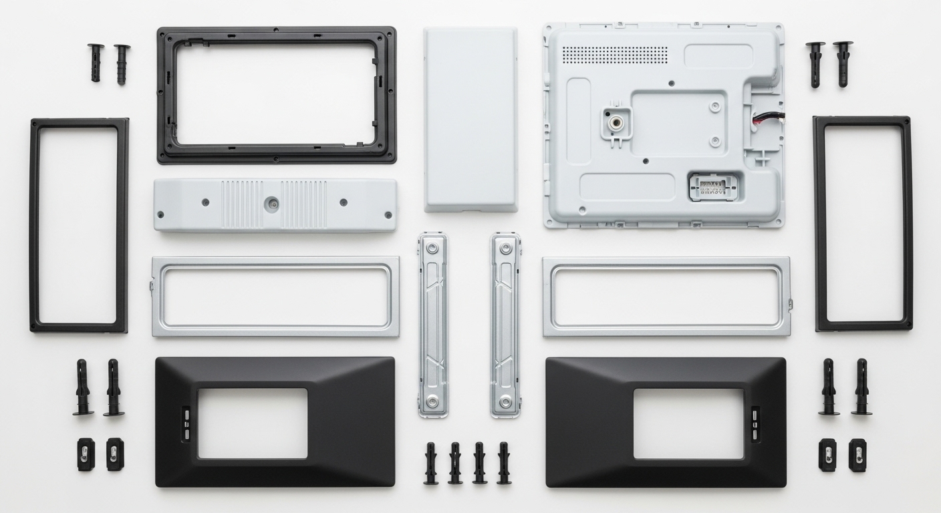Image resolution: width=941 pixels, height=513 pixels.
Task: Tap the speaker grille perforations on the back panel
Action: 614,55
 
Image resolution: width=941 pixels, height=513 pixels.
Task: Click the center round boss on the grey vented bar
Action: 272,203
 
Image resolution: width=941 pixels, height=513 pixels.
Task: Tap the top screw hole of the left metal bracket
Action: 432,248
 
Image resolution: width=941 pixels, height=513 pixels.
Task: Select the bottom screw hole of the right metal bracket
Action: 505,402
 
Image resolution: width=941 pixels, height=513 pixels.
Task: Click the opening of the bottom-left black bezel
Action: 253,423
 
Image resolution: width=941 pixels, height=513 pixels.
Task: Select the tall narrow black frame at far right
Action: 908,224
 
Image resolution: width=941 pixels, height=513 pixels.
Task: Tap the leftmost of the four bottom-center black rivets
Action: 430,463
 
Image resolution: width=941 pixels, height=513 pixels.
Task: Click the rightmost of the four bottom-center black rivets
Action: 504,463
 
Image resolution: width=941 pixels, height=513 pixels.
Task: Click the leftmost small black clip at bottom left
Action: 86,454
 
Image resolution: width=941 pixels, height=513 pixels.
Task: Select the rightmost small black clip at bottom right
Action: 857,455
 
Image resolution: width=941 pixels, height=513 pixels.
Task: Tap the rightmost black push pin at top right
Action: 843,63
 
